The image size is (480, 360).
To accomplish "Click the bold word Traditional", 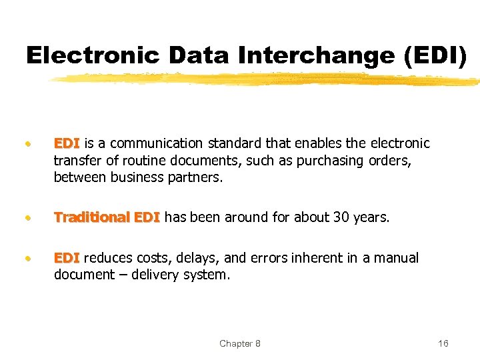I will pos(92,217).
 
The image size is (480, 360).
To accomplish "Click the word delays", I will pos(189,258).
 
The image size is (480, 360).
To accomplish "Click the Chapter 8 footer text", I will pos(240,343).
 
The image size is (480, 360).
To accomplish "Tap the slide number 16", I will pos(443,343).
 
